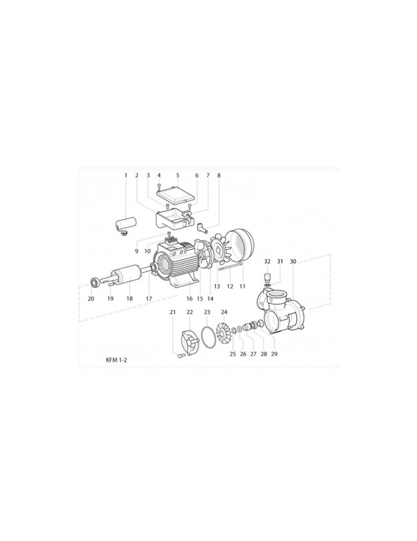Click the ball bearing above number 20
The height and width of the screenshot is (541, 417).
pyautogui.click(x=94, y=282)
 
